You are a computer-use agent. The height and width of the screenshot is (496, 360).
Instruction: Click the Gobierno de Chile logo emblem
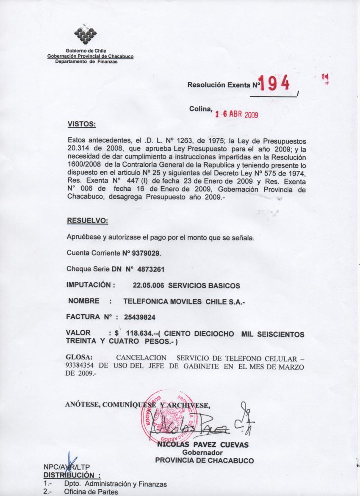pos(85,35)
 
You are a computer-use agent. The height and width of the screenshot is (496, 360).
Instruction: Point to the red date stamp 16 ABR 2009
pos(236,114)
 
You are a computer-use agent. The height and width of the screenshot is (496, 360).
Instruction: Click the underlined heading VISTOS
pos(82,124)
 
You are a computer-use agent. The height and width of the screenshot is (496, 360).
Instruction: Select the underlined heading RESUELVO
pos(88,221)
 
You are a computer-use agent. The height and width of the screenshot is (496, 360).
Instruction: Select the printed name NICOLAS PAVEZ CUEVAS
pos(202,445)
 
